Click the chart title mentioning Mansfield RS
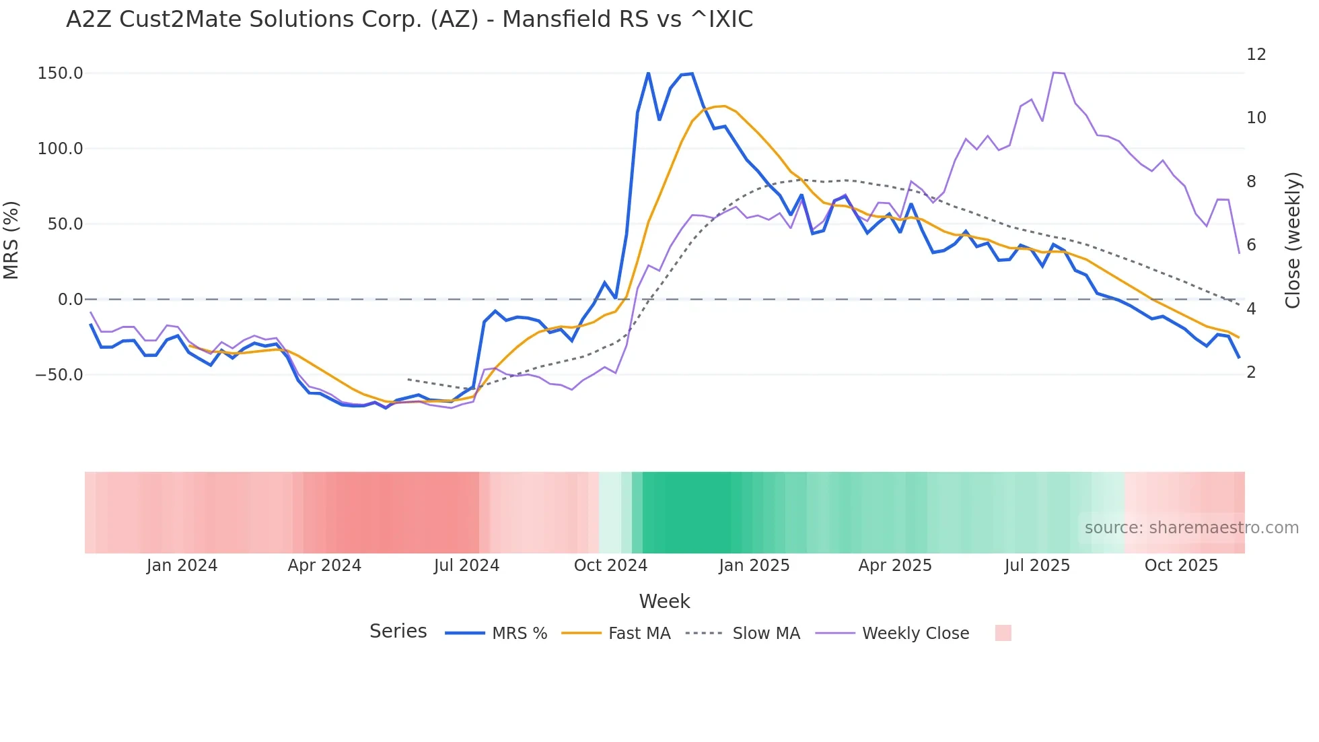pyautogui.click(x=409, y=20)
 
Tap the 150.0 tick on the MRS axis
pyautogui.click(x=61, y=73)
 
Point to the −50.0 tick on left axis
pyautogui.click(x=59, y=375)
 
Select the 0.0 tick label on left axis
pyautogui.click(x=70, y=300)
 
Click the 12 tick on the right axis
pyautogui.click(x=1256, y=55)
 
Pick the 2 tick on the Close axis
pyautogui.click(x=1251, y=372)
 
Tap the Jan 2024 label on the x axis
pyautogui.click(x=182, y=566)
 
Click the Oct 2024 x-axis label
pyautogui.click(x=610, y=566)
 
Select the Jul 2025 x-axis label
pyautogui.click(x=1037, y=566)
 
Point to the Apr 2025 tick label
pyautogui.click(x=894, y=566)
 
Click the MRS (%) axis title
pyautogui.click(x=11, y=240)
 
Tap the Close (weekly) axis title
pyautogui.click(x=1293, y=240)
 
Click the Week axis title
pyautogui.click(x=664, y=601)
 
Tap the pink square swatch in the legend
pyautogui.click(x=1003, y=633)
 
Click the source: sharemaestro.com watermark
pyautogui.click(x=1191, y=528)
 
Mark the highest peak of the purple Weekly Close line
pyautogui.click(x=1054, y=72)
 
